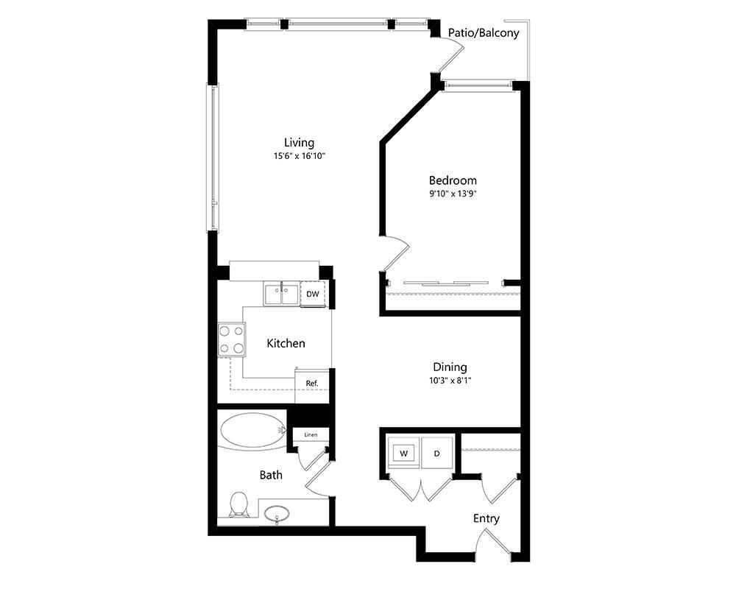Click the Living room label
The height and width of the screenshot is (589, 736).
tap(299, 142)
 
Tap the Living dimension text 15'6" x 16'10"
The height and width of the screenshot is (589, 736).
tap(299, 156)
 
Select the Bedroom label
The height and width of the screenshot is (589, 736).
tap(453, 180)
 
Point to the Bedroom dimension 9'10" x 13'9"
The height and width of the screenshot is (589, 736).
tap(453, 194)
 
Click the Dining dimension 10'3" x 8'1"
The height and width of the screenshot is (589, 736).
tap(450, 381)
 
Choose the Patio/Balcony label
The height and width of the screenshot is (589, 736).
tap(484, 33)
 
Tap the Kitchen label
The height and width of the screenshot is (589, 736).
tap(286, 343)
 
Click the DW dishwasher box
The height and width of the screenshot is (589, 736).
tap(313, 294)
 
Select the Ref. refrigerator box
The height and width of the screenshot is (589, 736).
tap(312, 383)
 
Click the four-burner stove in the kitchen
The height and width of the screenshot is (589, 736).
tap(230, 339)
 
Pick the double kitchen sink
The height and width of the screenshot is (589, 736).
tap(281, 294)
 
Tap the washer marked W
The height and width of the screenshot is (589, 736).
tap(404, 454)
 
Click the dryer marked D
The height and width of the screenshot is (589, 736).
tap(436, 454)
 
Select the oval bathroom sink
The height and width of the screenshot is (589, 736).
tap(277, 512)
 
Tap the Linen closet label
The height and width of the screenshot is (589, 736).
tap(311, 435)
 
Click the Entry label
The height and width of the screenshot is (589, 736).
tap(486, 518)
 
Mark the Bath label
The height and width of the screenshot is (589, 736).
tap(271, 475)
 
